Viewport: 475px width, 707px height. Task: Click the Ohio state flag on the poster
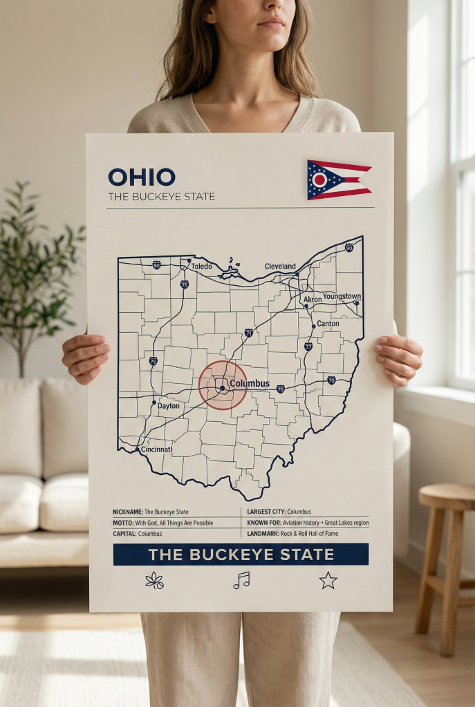click(x=338, y=180)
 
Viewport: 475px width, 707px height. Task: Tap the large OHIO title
click(x=142, y=177)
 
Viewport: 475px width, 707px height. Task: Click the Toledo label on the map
click(x=201, y=267)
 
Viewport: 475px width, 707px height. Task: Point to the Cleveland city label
click(x=280, y=267)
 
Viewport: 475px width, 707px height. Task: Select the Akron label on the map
click(x=313, y=300)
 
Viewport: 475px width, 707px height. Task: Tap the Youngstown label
click(x=342, y=296)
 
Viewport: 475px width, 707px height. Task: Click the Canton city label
click(x=328, y=323)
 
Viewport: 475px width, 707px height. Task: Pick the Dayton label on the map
click(x=169, y=406)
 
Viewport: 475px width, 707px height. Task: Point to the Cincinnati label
click(x=157, y=449)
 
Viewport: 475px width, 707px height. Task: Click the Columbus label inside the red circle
click(x=250, y=383)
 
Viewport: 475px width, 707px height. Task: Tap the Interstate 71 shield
click(x=249, y=333)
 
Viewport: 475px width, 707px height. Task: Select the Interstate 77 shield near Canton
click(x=308, y=346)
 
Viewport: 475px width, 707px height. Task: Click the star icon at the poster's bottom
click(x=328, y=581)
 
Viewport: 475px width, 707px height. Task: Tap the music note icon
click(x=241, y=581)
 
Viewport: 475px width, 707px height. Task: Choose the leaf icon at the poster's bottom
click(x=155, y=581)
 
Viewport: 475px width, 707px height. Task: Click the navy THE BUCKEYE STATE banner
click(x=241, y=554)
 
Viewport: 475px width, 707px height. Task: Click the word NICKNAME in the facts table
click(x=127, y=512)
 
